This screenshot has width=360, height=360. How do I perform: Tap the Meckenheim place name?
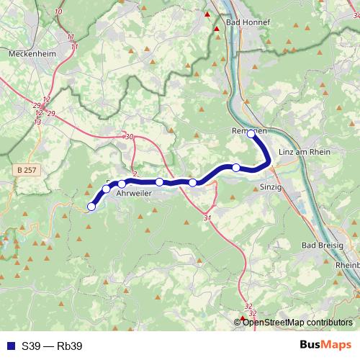coord(32,53)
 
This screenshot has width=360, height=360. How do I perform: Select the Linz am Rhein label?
coord(302,152)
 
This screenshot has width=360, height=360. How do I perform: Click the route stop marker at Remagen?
coord(251,133)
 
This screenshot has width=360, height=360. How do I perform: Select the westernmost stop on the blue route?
coord(91,207)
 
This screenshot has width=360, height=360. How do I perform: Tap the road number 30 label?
coord(129,137)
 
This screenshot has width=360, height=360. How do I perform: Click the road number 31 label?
coord(207,217)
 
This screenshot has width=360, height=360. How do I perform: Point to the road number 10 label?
coord(58,12)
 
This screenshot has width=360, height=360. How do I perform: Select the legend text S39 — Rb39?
coord(52,346)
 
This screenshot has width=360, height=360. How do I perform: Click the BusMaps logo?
coord(325,346)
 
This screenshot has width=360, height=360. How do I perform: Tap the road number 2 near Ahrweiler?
coord(135,175)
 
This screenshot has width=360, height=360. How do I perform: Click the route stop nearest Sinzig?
coord(236,168)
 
